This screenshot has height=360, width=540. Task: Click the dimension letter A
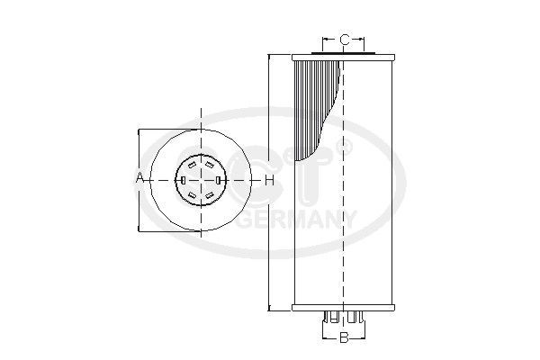point(140,179)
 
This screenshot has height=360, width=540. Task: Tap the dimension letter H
point(268,180)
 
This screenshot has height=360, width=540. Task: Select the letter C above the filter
point(344,40)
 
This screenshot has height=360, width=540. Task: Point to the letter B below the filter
point(343,338)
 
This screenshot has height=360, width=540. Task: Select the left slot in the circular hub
point(182,180)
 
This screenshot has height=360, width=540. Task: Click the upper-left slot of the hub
point(191,164)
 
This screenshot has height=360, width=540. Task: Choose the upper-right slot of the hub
point(210,164)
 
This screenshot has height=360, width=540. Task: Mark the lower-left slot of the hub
point(191,195)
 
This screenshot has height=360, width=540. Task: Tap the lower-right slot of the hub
point(210,195)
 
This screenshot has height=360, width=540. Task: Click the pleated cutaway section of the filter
point(319,108)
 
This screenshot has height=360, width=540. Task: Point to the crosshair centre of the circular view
point(200,180)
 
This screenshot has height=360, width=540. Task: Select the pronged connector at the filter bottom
point(343,319)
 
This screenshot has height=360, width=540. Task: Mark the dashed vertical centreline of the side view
point(344,225)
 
